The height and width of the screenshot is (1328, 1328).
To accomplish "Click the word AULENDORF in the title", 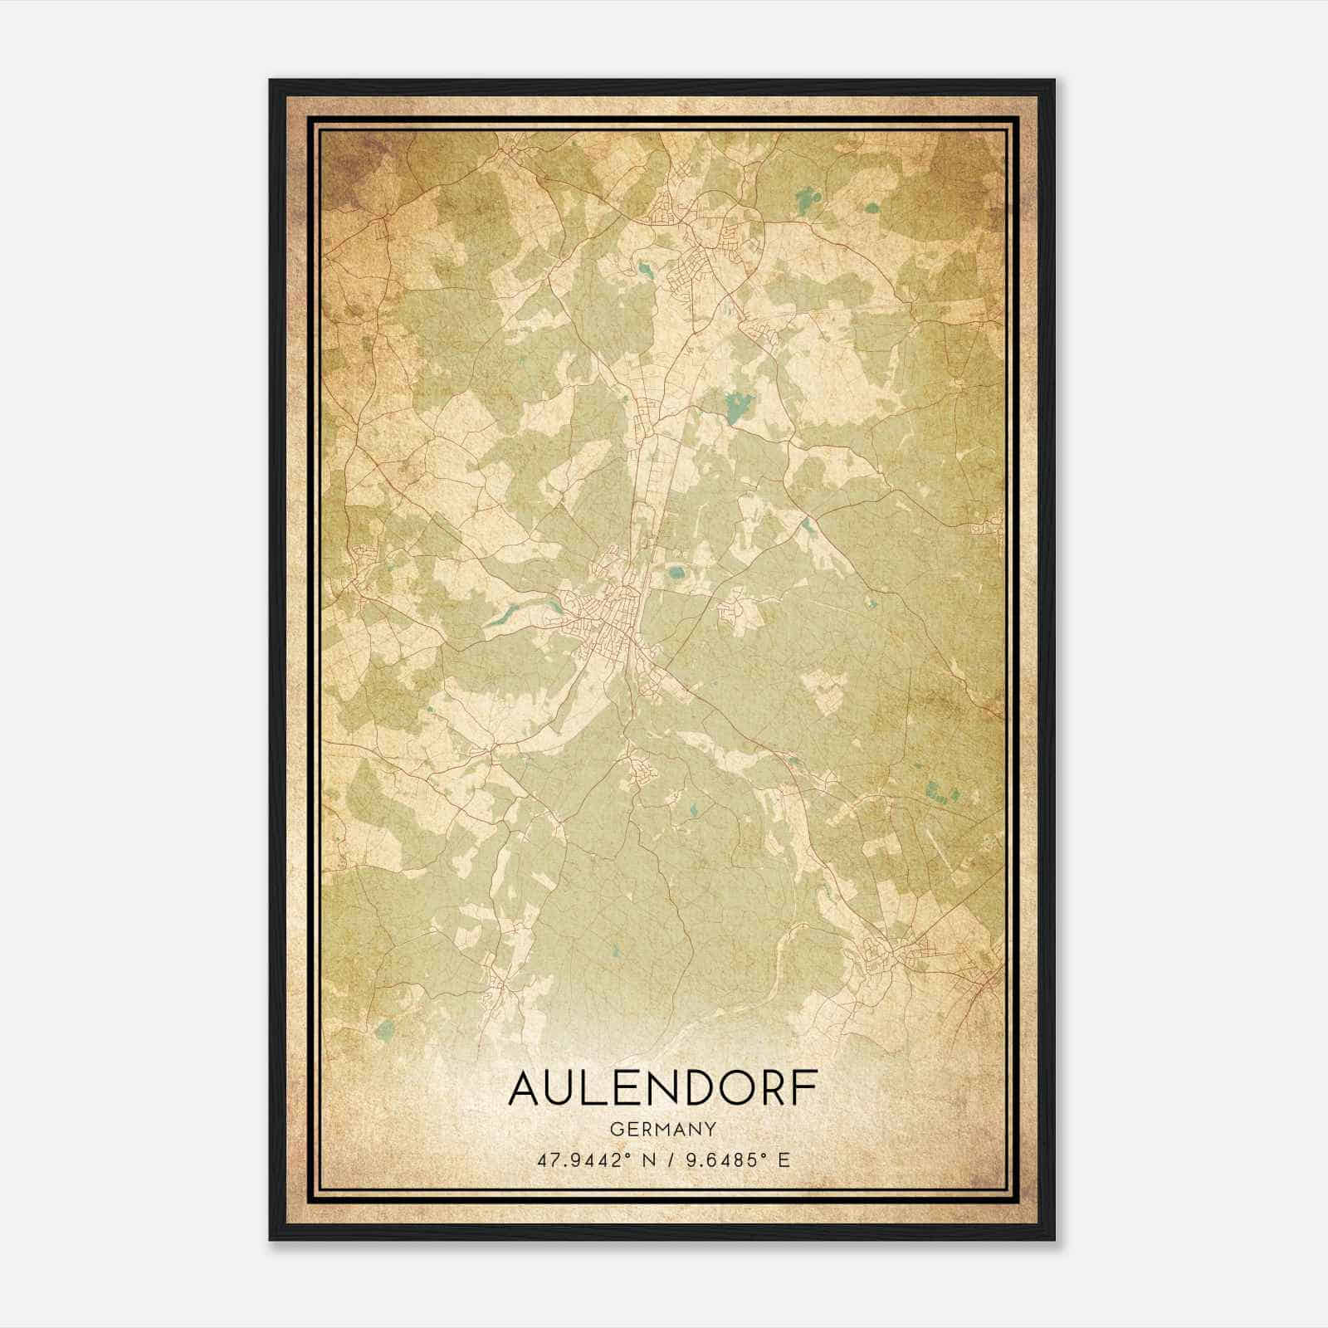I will coord(662,1089).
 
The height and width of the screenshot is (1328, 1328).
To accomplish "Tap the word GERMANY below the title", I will coord(662,1129).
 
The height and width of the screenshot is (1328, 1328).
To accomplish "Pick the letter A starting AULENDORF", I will coord(524,1089).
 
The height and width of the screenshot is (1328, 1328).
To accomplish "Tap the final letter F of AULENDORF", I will coord(803,1089).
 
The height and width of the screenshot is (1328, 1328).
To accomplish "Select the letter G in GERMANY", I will coord(614,1129).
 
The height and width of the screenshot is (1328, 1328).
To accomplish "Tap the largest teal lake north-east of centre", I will coord(736,406).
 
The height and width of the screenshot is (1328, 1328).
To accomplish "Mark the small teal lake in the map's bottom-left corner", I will coord(383,1032).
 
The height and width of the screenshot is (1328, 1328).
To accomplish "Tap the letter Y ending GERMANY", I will coord(710,1129).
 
